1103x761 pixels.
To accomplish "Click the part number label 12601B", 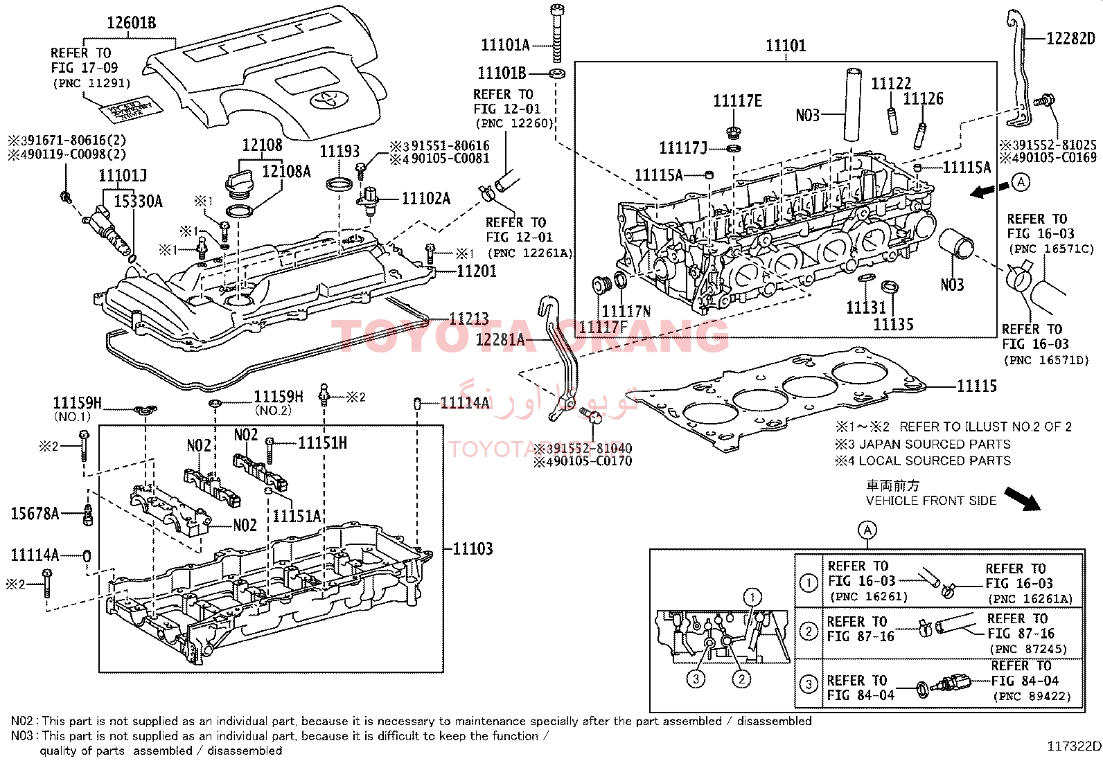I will coord(131,23).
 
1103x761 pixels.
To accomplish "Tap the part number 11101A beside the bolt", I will coord(505,46).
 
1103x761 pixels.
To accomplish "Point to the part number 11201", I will coord(477,271).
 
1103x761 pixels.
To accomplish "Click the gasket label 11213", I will coord(469,319).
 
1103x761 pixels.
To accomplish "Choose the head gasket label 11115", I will coord(977,386).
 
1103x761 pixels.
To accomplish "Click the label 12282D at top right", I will coord(1070,39).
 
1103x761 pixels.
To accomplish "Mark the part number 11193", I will coord(339,151).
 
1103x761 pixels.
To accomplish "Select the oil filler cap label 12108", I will coord(262,145).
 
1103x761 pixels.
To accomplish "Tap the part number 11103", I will coord(473,549).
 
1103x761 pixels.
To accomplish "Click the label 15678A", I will coord(35,513).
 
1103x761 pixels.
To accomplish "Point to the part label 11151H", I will coord(322,443).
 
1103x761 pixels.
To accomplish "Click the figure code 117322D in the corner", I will coord(1073,746).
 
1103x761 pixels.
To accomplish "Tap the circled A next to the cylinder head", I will coord(1021,182).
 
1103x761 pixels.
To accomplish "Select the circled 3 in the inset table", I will coord(809,684).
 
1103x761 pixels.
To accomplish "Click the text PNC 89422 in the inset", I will coord(1032,697).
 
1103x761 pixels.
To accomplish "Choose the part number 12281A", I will coord(500,339).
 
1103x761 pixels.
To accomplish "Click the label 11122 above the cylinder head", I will coord(891,84).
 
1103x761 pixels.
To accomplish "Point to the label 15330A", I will coord(138,202).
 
